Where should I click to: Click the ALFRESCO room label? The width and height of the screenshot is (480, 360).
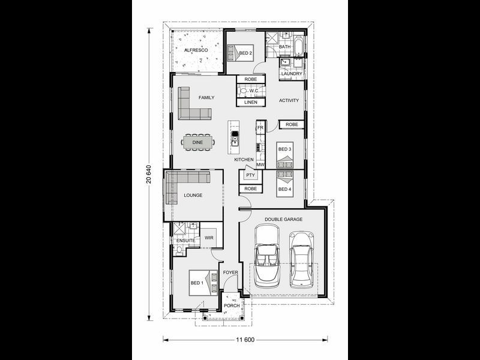tap(196, 50)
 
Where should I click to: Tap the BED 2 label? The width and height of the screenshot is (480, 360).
tap(245, 53)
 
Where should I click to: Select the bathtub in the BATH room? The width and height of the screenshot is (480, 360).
tap(299, 46)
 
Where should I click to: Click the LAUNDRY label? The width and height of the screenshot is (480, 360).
tap(292, 74)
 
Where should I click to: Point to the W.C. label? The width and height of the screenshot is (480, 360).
tap(254, 91)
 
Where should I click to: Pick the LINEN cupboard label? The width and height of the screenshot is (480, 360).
tap(251, 102)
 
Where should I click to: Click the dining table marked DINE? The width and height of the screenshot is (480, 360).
tap(198, 142)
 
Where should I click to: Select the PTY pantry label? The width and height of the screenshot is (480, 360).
tap(250, 175)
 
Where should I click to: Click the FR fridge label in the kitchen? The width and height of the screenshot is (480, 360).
tap(260, 128)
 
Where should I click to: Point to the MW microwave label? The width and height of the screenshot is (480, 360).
tap(260, 164)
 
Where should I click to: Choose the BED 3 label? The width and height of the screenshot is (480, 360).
tap(284, 149)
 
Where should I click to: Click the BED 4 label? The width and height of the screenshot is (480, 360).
tap(284, 189)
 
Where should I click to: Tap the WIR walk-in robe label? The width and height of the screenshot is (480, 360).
tap(209, 238)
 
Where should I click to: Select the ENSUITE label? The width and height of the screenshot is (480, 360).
tap(186, 241)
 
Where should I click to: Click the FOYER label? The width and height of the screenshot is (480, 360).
tap(230, 272)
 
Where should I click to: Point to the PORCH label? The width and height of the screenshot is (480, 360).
tap(232, 305)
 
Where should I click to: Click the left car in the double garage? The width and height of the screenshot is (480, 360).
tap(267, 256)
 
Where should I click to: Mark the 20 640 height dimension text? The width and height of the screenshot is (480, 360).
tap(149, 175)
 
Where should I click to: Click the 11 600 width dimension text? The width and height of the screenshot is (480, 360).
tap(245, 340)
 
